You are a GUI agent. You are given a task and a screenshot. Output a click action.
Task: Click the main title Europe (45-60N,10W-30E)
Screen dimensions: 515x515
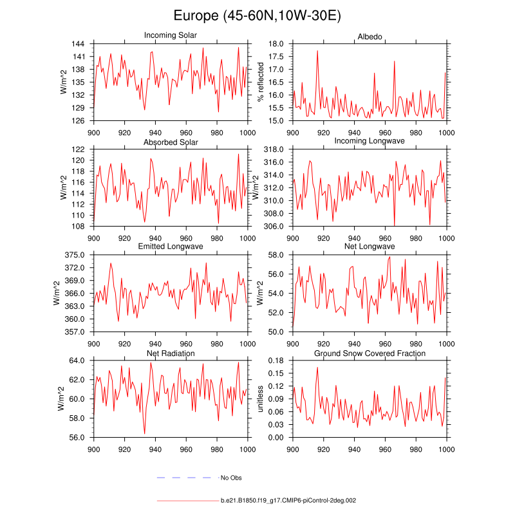click(257, 16)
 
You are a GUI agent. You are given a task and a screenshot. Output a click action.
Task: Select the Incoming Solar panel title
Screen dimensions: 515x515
click(171, 35)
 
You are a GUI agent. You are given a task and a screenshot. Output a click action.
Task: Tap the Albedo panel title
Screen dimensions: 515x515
click(370, 35)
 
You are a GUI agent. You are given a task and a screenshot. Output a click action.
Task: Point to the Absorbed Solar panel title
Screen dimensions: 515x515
click(171, 142)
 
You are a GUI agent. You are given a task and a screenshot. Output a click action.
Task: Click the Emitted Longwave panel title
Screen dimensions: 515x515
click(171, 247)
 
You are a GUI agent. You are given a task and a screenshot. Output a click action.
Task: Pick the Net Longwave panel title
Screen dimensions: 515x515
click(370, 247)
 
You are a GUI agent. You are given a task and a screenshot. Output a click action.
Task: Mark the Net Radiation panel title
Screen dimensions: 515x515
click(171, 353)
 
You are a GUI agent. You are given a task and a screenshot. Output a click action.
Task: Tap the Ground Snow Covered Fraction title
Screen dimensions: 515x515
click(370, 353)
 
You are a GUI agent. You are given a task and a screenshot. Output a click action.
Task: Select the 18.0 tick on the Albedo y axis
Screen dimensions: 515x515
click(276, 44)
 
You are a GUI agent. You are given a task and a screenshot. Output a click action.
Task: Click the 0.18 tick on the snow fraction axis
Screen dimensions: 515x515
click(276, 360)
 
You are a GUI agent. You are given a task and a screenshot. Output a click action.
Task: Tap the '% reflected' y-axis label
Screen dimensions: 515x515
click(261, 82)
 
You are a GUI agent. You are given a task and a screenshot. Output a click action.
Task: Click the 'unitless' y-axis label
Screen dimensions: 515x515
click(261, 399)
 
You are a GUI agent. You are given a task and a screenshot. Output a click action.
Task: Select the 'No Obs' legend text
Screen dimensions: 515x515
click(230, 478)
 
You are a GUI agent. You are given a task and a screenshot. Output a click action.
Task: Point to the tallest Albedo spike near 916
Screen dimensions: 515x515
click(317, 51)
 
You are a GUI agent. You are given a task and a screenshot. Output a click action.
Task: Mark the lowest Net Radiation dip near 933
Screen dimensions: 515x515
click(144, 433)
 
